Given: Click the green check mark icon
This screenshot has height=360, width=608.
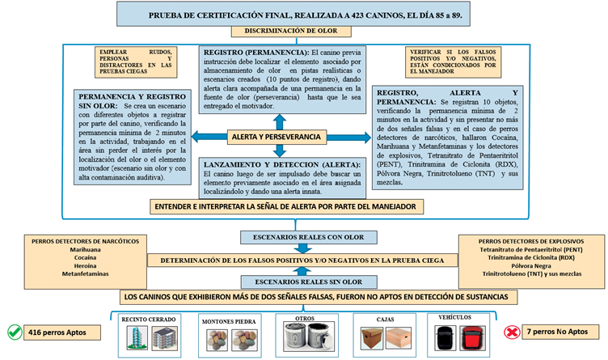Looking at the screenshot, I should [14, 331].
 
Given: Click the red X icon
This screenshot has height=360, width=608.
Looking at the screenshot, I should [511, 332].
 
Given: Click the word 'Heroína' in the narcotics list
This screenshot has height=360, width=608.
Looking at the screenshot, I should [74, 265].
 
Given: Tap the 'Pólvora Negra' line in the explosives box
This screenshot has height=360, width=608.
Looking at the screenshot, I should [531, 265].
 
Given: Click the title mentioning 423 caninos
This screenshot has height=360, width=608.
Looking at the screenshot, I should [305, 15].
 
